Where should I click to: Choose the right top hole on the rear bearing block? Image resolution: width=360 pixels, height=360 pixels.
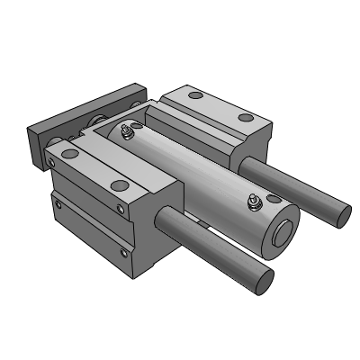[245, 117]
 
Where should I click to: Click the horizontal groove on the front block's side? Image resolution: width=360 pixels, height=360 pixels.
[90, 225]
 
